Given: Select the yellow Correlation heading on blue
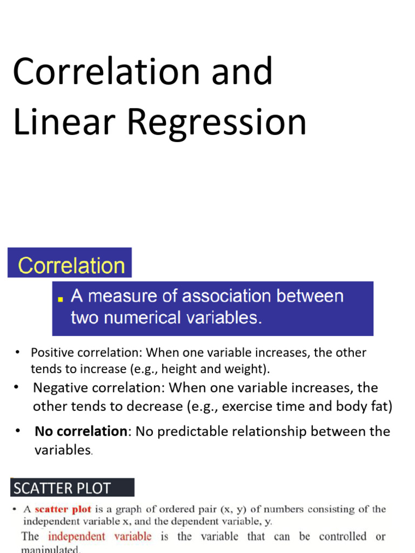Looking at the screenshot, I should pos(71,266).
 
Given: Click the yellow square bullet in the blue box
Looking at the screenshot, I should pos(61,298).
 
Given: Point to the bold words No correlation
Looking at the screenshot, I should pos(81,431).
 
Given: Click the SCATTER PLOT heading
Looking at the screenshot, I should pos(62,489).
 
